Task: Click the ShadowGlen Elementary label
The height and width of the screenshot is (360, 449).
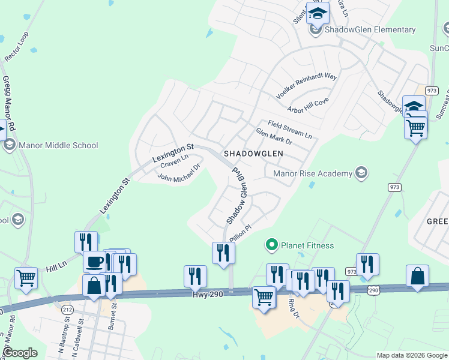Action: [370, 30]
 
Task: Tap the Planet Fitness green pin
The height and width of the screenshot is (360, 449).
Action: [271, 245]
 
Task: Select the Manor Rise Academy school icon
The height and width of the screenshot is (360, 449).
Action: [361, 173]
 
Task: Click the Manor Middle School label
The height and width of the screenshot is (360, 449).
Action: [58, 145]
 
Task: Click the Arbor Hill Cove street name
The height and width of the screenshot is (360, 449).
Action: [308, 106]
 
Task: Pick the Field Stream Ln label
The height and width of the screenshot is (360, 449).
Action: [290, 128]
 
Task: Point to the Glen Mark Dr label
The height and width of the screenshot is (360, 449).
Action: [274, 137]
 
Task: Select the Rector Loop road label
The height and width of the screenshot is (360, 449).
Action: [16, 47]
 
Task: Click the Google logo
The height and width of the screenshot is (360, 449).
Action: [20, 353]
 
